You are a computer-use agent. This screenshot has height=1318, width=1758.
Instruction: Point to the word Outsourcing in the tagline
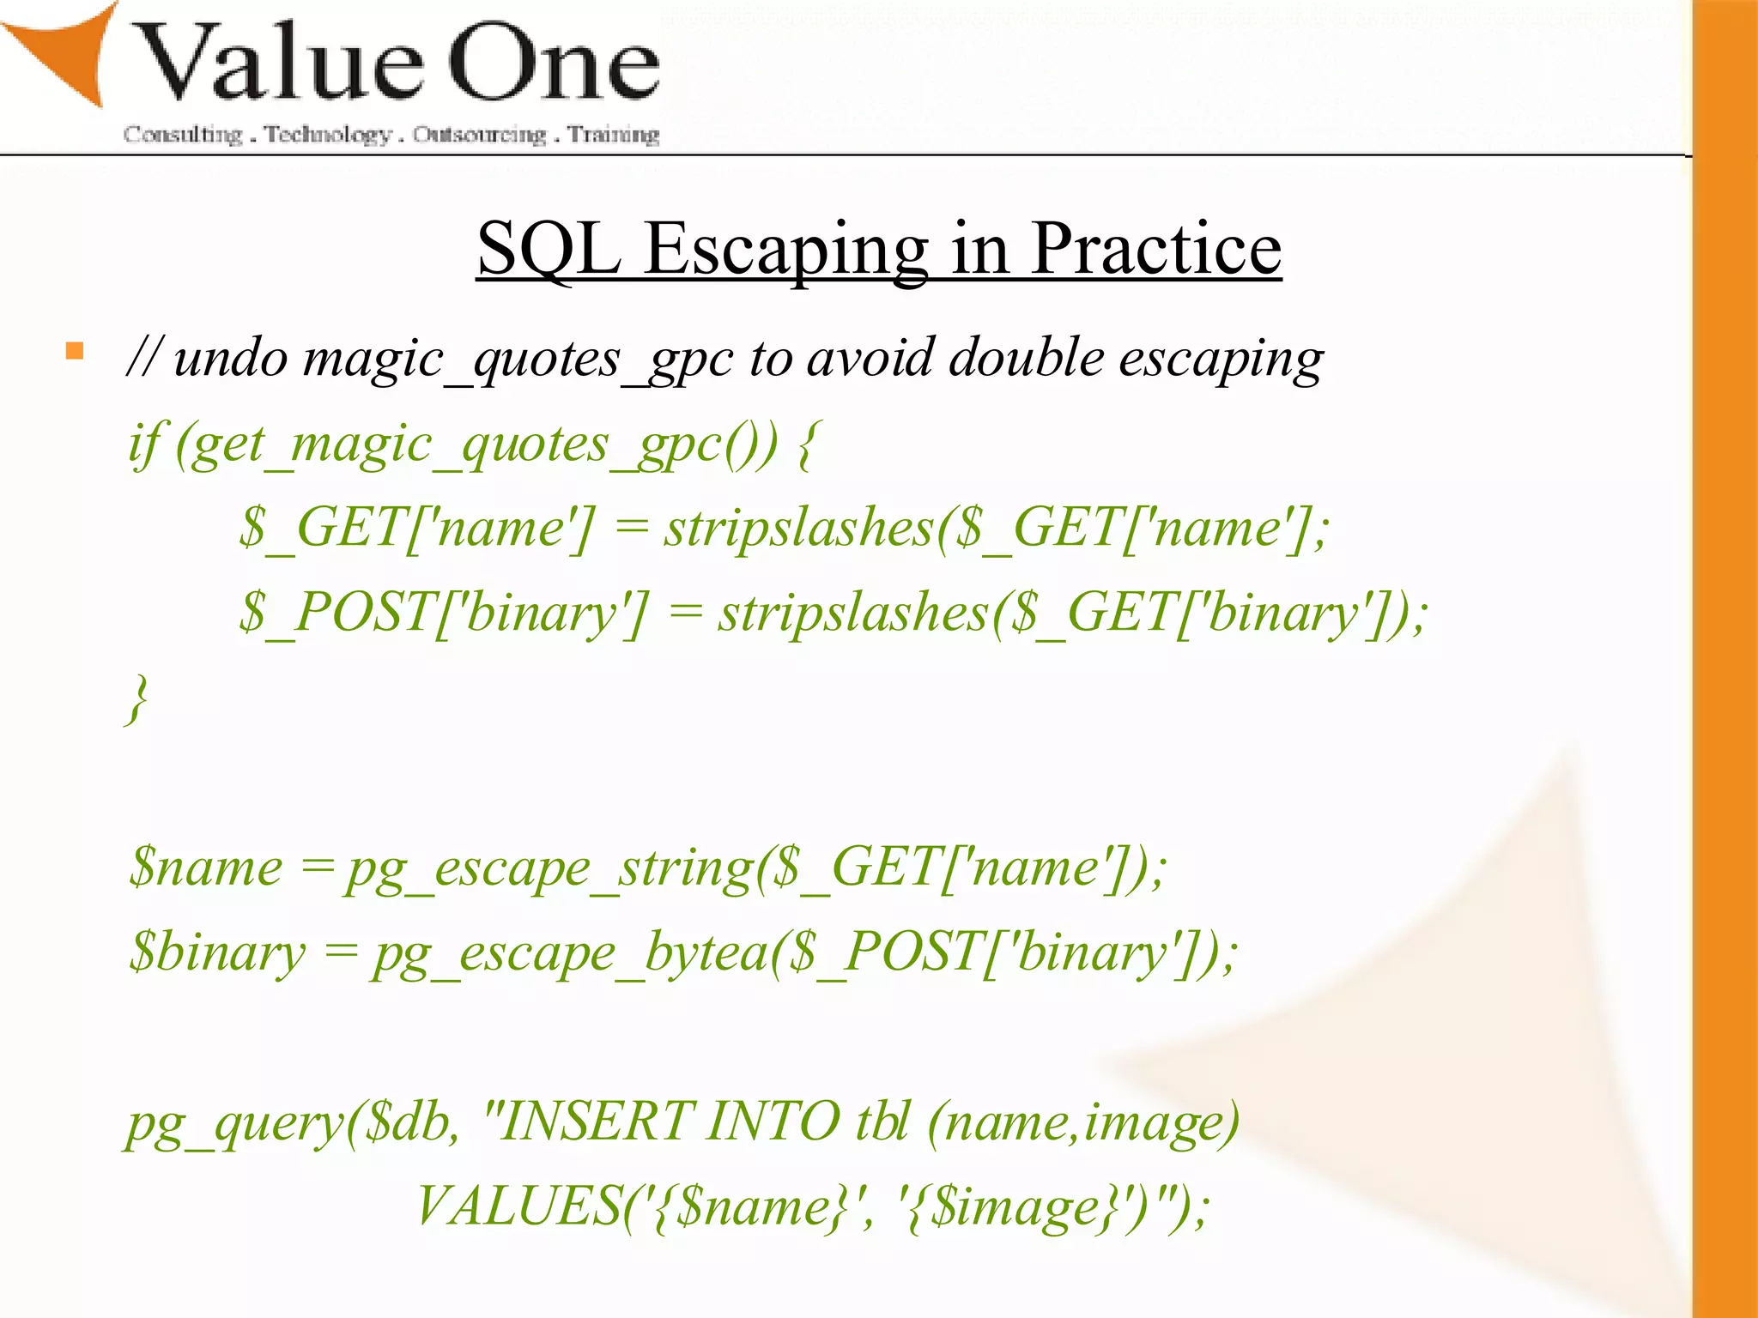[x=479, y=135]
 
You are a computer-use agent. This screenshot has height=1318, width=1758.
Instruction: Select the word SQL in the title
[x=548, y=249]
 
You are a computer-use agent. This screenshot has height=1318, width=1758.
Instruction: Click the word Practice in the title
[x=1155, y=249]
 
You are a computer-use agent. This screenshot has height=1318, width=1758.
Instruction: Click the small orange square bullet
[x=75, y=351]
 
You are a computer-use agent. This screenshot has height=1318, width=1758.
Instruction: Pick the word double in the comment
[x=1026, y=357]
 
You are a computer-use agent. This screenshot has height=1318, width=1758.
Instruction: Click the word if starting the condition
[x=143, y=444]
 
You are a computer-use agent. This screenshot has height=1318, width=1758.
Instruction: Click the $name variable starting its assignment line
[x=205, y=867]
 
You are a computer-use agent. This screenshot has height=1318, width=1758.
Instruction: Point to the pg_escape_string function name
[x=549, y=868]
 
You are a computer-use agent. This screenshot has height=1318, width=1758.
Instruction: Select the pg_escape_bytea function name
[x=569, y=953]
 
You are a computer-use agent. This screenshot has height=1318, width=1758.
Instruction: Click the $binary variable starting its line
[x=217, y=953]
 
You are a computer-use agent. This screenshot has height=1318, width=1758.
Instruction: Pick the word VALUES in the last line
[x=518, y=1206]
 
